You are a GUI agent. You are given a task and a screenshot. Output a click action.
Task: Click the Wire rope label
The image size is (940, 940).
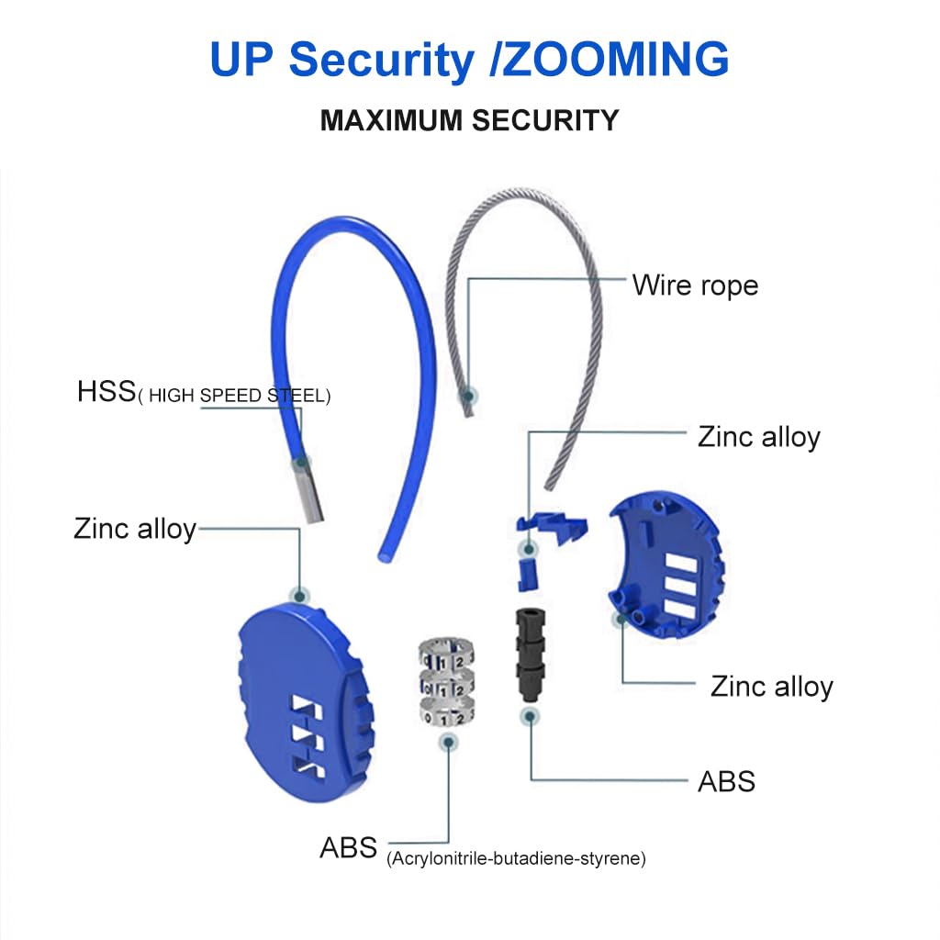695,285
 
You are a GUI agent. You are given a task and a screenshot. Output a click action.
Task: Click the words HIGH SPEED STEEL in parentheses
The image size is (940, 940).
234,396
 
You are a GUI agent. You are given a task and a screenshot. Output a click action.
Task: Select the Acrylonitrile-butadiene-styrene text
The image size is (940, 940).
517,859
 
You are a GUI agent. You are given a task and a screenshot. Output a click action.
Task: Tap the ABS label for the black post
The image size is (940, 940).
726,781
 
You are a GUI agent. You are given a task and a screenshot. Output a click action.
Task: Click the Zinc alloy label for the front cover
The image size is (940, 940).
134,529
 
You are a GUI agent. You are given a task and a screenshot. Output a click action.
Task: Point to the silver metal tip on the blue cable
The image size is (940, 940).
308,491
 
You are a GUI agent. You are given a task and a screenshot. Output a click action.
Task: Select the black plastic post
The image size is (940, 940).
529,652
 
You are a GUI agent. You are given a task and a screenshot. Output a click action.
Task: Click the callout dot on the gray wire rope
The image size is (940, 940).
468,396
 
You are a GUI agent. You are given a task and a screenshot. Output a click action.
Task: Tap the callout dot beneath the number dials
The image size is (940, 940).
447,740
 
